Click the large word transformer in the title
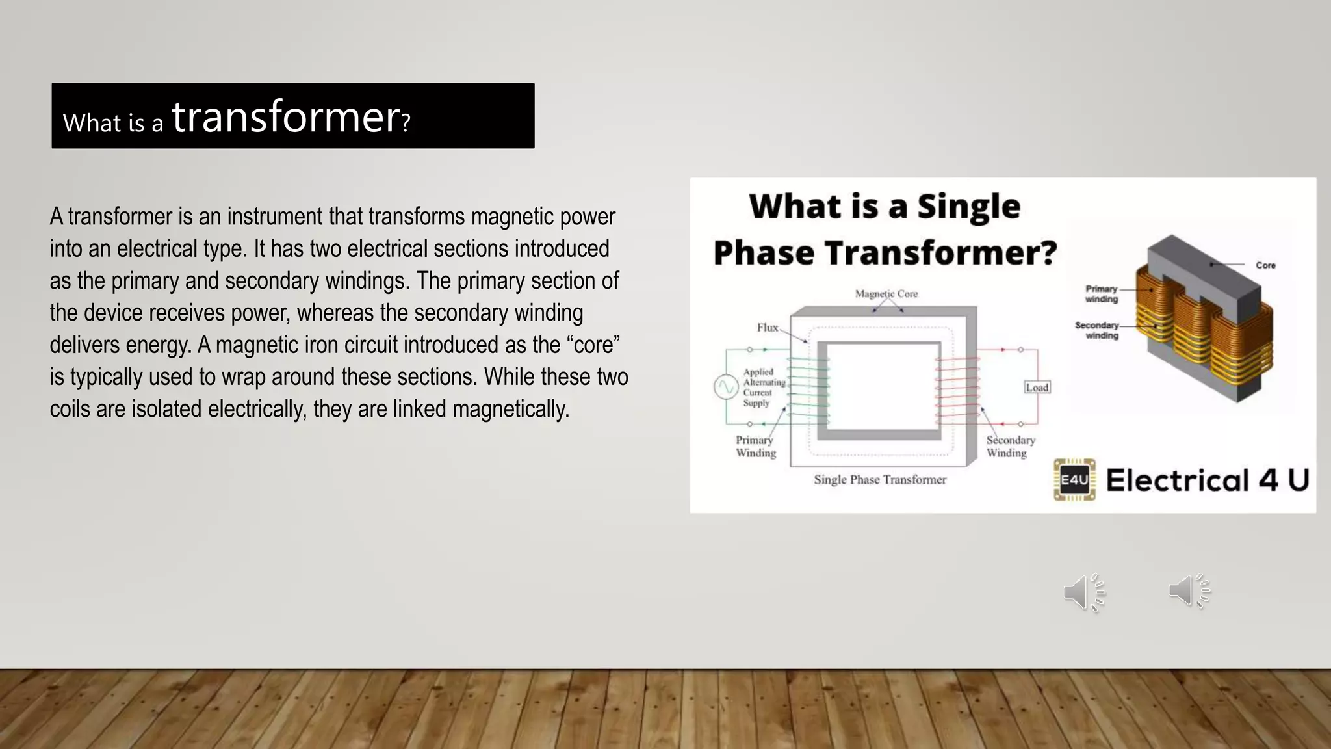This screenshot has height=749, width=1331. [286, 118]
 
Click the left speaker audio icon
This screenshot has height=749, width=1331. [1084, 592]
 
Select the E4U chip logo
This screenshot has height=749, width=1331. [1074, 480]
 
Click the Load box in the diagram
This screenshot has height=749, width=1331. [1037, 388]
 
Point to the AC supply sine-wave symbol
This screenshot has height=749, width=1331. [725, 388]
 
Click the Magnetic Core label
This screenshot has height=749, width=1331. [886, 294]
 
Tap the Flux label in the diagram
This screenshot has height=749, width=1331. [767, 328]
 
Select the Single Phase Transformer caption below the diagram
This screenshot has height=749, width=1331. [880, 480]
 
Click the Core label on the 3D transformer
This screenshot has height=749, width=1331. [1265, 265]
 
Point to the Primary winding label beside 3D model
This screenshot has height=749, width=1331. [1101, 294]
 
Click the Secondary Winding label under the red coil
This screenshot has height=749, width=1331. [1010, 447]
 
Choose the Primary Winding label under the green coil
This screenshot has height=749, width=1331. [755, 447]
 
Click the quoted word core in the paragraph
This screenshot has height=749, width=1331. [593, 345]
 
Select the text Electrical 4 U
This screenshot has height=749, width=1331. [1207, 480]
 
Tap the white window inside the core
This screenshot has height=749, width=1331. [883, 386]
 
